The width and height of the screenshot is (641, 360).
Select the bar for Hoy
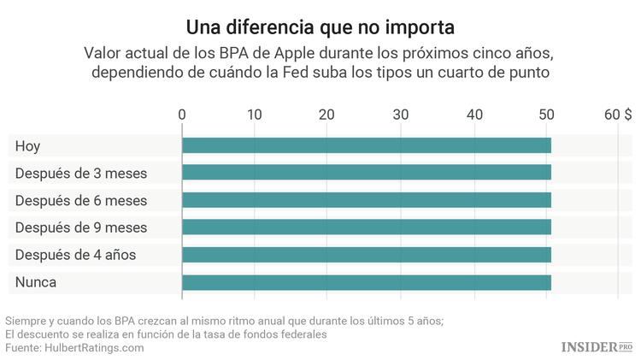(366, 145)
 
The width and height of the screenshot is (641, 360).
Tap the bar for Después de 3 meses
(366, 173)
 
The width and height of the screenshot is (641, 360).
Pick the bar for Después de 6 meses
(366, 200)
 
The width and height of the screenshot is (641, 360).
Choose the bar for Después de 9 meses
(366, 227)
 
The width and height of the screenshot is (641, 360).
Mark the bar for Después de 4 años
(366, 255)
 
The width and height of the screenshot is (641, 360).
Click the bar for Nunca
(366, 282)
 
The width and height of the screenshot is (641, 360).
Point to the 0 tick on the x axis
(182, 114)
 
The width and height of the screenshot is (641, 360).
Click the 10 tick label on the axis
(254, 114)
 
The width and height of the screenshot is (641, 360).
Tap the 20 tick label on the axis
(327, 114)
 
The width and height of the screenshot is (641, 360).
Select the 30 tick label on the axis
(400, 114)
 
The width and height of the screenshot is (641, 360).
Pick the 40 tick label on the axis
(473, 114)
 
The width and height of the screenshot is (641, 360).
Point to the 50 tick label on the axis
(546, 114)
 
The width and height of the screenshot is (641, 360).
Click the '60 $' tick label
(618, 114)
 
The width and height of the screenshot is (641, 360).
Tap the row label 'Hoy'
(27, 146)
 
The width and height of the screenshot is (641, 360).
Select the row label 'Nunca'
(35, 282)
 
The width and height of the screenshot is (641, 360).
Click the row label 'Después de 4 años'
(75, 255)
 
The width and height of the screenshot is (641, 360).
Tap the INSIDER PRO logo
(597, 345)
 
